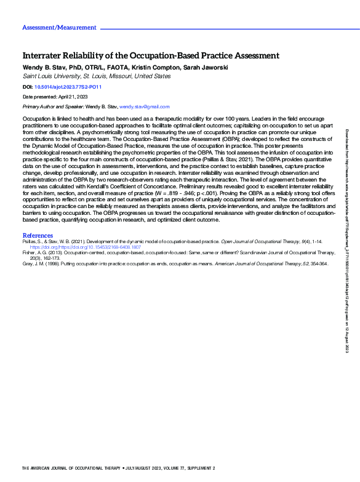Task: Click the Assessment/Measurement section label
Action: pos(59,28)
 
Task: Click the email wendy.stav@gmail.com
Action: pos(144,107)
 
